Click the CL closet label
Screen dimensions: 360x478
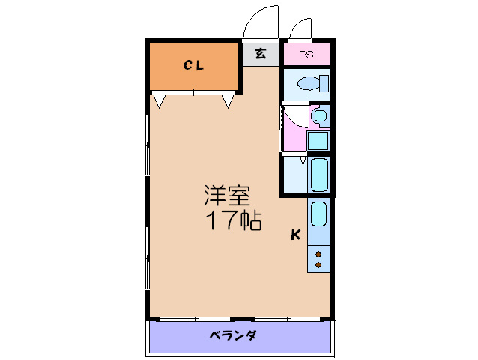(x=194, y=65)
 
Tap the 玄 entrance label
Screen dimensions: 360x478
(x=260, y=54)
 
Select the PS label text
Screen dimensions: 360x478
(x=306, y=55)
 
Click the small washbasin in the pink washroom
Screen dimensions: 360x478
(x=320, y=116)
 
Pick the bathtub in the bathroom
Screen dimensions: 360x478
(x=320, y=175)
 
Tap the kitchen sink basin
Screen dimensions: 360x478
(x=319, y=214)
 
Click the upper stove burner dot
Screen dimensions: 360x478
(x=319, y=254)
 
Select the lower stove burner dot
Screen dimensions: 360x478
(x=319, y=265)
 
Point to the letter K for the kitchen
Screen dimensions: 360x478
(x=296, y=235)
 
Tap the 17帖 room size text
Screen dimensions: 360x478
(x=234, y=220)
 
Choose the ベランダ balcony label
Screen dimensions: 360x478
(x=233, y=335)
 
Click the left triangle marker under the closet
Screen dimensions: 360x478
(x=160, y=100)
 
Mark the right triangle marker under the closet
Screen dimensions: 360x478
(x=228, y=100)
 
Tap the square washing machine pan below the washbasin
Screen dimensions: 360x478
(x=318, y=140)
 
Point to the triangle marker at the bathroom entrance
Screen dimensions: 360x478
(x=303, y=160)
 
